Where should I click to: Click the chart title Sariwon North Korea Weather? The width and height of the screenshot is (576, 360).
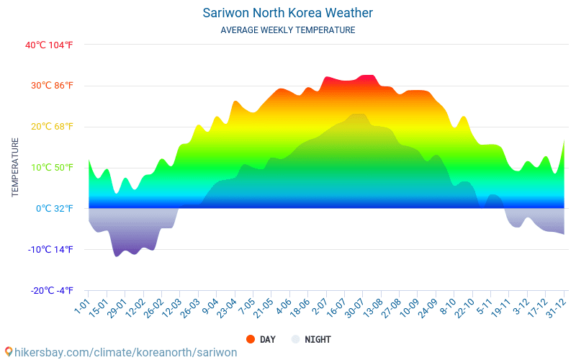pyautogui.click(x=287, y=13)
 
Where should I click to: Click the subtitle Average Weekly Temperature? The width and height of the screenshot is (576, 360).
pyautogui.click(x=287, y=30)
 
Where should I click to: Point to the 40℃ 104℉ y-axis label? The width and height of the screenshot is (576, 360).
pyautogui.click(x=49, y=45)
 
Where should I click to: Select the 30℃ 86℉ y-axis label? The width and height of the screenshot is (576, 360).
pyautogui.click(x=52, y=86)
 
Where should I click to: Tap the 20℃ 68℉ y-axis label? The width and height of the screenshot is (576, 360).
pyautogui.click(x=52, y=127)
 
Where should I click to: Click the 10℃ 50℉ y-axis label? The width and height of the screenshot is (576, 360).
pyautogui.click(x=52, y=168)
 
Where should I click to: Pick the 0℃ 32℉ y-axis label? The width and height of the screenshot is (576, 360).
pyautogui.click(x=55, y=209)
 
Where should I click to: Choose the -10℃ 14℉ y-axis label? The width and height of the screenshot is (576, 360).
pyautogui.click(x=50, y=250)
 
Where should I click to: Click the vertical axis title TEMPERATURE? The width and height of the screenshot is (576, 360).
pyautogui.click(x=15, y=168)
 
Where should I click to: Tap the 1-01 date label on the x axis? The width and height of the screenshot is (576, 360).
pyautogui.click(x=81, y=307)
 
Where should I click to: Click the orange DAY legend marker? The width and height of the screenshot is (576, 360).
pyautogui.click(x=251, y=339)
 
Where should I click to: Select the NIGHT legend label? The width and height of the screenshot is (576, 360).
pyautogui.click(x=318, y=339)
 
